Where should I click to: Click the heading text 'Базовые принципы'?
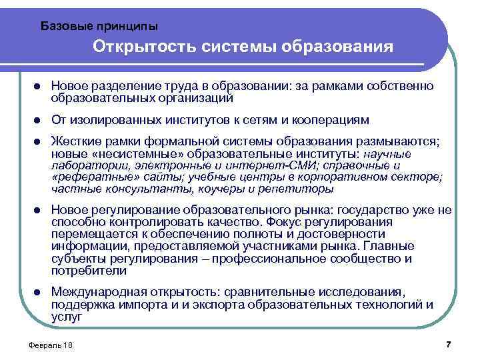click(99, 26)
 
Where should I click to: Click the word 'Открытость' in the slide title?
click(137, 47)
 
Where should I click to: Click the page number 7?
click(448, 344)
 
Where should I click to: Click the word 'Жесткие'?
click(75, 143)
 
